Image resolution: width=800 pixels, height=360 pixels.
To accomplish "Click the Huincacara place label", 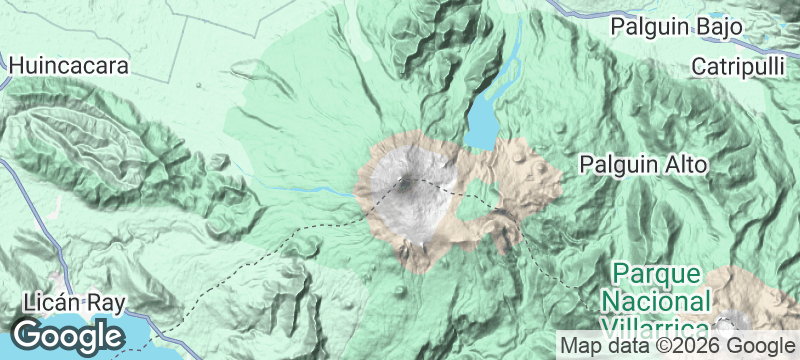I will [70, 67].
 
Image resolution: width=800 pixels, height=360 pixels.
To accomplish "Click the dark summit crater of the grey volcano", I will [406, 183].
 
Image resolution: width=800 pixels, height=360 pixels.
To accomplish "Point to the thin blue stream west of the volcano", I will [300, 186].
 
